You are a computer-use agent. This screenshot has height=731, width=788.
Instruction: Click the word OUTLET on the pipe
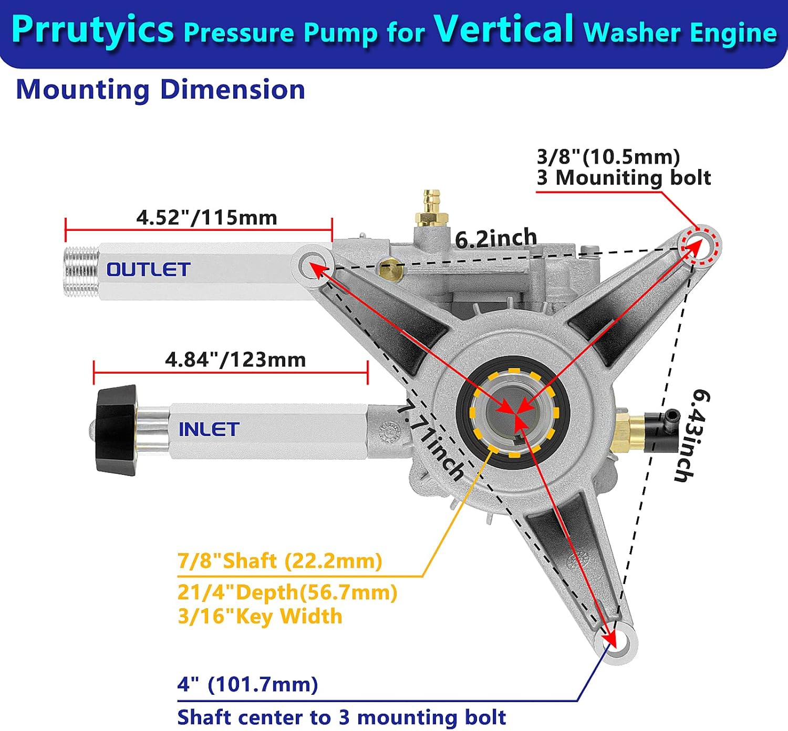point(148,270)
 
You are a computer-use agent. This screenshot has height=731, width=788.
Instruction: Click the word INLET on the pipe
point(209,429)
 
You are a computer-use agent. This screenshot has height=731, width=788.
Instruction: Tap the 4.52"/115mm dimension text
point(206,217)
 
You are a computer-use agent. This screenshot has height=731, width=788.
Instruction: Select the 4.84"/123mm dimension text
point(235,359)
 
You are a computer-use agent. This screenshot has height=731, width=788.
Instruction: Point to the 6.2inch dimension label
point(496,239)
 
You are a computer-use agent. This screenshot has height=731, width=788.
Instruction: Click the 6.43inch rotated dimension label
point(692,435)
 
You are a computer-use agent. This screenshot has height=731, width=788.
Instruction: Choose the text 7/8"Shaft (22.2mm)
point(279,560)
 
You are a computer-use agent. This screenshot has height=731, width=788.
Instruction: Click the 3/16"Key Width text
point(260,616)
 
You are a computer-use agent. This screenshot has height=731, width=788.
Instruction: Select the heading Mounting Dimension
point(160,89)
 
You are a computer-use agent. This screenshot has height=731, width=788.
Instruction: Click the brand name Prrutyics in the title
point(92,30)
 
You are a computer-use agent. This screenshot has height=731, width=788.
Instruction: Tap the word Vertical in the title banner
point(504,29)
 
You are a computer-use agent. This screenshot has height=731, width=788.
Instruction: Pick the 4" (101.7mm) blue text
point(247,684)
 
